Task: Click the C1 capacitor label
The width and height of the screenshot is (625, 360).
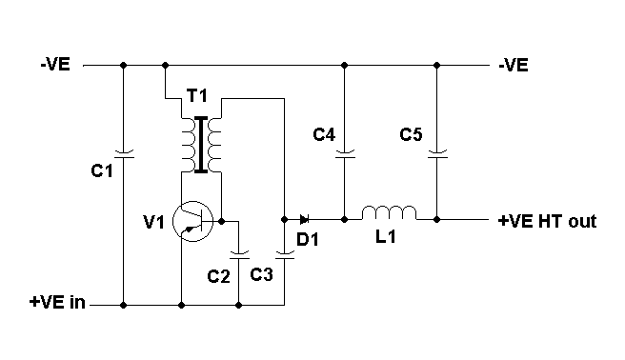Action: pyautogui.click(x=102, y=171)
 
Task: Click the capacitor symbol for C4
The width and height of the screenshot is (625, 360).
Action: pyautogui.click(x=345, y=150)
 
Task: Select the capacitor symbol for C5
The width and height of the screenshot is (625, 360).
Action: pyautogui.click(x=437, y=150)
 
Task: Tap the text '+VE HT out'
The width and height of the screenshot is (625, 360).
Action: pyautogui.click(x=547, y=221)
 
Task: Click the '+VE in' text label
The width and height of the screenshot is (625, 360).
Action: pyautogui.click(x=56, y=304)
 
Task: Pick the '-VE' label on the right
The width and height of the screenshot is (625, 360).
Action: pyautogui.click(x=514, y=66)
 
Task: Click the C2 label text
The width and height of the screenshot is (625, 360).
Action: pyautogui.click(x=218, y=275)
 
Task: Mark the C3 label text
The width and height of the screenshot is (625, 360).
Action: pyautogui.click(x=262, y=275)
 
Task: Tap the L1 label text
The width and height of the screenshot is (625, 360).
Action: pyautogui.click(x=385, y=239)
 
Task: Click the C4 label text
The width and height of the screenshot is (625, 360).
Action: pyautogui.click(x=324, y=135)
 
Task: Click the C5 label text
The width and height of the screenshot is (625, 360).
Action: pyautogui.click(x=412, y=135)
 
